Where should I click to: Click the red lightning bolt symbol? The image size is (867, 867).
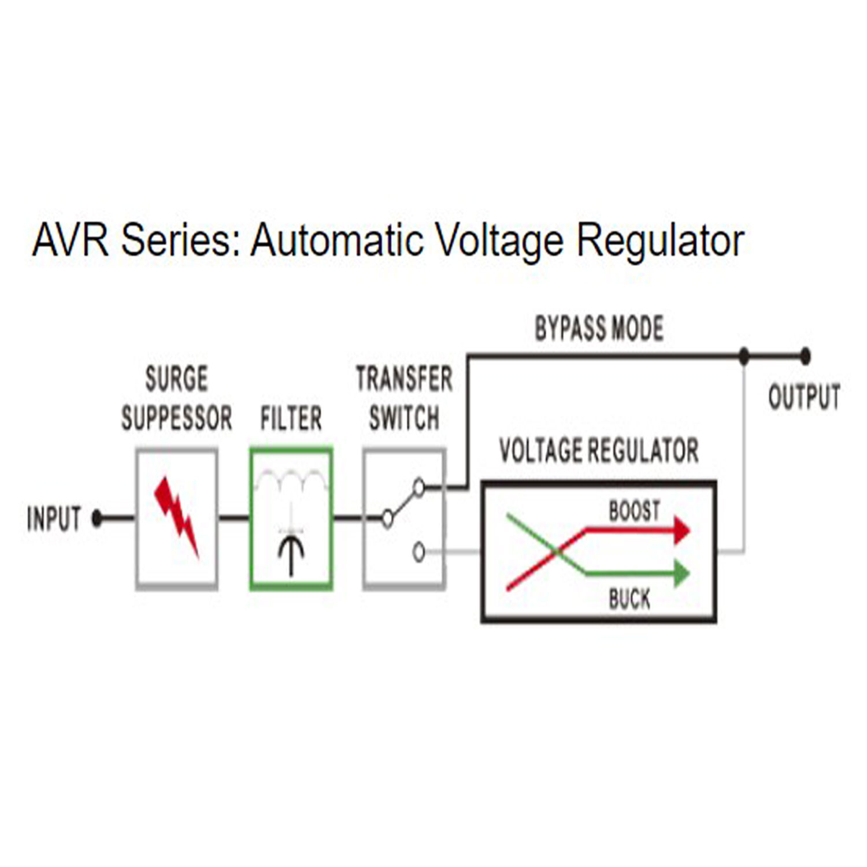[x=176, y=516]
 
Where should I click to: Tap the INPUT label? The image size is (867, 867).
[x=54, y=518]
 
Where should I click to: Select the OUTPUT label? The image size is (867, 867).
[x=804, y=397]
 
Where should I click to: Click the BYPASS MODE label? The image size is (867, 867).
[x=599, y=328]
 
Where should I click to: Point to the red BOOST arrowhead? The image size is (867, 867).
[x=682, y=529]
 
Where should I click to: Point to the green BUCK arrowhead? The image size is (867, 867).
[x=682, y=574]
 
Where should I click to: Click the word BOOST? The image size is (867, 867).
[x=634, y=510]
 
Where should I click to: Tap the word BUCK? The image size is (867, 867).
[x=629, y=598]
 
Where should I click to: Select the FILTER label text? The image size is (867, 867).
[x=291, y=418]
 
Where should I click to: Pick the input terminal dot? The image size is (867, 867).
[x=97, y=518]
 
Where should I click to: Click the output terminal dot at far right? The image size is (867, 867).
[x=805, y=356]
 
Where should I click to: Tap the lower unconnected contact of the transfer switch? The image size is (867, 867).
[x=419, y=552]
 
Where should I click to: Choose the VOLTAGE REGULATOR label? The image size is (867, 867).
[x=599, y=450]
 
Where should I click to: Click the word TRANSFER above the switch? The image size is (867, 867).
[x=404, y=379]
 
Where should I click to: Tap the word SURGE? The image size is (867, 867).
[x=176, y=379]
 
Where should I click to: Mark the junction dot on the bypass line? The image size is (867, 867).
[x=744, y=356]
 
